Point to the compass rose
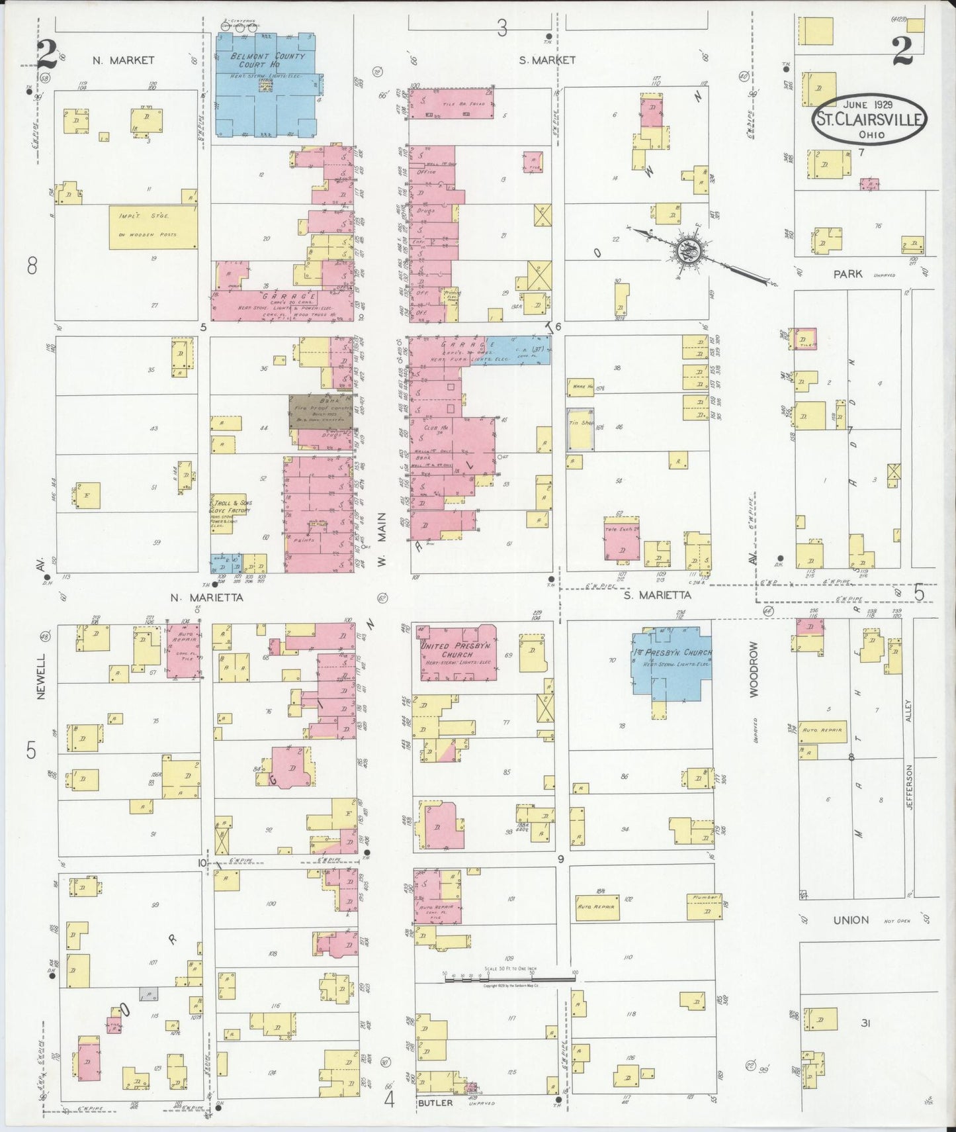coord(685,252)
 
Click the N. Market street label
coord(123,60)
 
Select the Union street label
coord(851,920)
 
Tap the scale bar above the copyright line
coord(509,978)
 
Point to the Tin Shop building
coord(580,430)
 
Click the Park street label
coord(847,273)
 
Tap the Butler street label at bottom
coord(435,1103)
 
